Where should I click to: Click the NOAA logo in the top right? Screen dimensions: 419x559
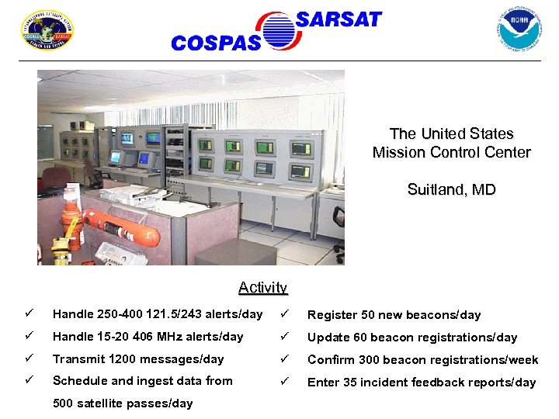519,29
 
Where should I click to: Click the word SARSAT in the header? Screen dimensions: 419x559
339,19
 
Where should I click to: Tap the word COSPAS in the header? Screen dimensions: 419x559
215,43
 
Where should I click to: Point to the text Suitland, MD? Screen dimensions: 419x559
451,189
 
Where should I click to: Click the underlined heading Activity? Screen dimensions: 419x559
262,288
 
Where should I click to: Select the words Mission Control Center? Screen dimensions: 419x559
451,153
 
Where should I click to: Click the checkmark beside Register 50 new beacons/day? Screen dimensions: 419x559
285,314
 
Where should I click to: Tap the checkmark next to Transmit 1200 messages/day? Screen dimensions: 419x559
29,359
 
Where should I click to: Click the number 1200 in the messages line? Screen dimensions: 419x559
123,359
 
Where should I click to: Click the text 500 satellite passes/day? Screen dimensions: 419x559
122,403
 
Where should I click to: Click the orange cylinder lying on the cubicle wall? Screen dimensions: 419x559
117,224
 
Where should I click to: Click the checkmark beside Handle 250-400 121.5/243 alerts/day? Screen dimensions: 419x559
29,314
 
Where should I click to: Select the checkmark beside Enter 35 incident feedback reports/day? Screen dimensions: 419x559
285,382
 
